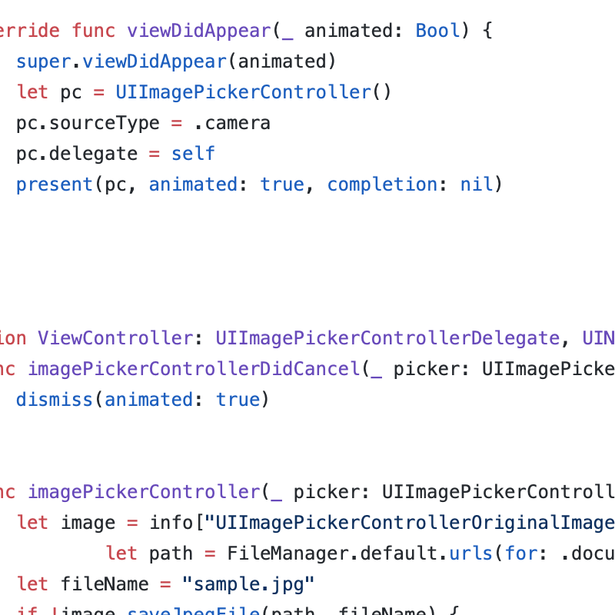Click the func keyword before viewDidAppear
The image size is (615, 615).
(x=94, y=31)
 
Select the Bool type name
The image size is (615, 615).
(x=437, y=31)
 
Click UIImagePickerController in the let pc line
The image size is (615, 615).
(x=244, y=92)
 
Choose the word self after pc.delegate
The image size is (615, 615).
(x=193, y=154)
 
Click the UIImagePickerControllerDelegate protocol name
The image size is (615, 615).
(x=387, y=338)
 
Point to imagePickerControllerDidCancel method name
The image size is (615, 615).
(x=194, y=369)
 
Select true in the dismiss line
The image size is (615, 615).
(x=238, y=400)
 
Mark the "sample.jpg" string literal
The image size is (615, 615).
(x=248, y=584)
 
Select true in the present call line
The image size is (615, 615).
(x=282, y=184)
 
